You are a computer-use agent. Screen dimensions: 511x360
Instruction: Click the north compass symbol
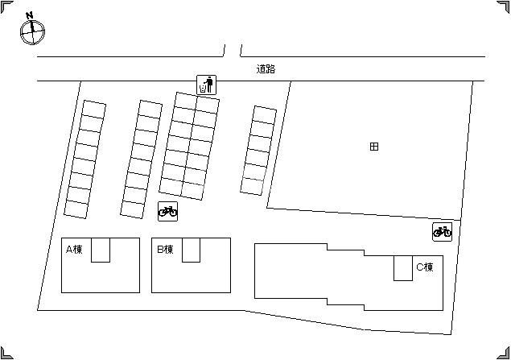(x=32, y=32)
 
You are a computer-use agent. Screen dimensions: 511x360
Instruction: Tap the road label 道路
(x=266, y=69)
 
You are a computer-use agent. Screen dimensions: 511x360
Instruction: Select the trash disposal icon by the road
(x=206, y=85)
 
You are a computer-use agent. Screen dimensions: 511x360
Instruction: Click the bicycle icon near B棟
(x=168, y=211)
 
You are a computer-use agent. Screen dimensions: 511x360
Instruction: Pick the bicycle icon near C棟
(x=443, y=232)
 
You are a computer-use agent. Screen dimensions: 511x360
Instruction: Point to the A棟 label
(x=74, y=250)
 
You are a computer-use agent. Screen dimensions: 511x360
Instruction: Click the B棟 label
(x=165, y=250)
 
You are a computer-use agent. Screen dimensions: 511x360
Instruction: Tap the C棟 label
(x=425, y=267)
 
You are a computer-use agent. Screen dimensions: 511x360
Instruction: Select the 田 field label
(x=374, y=147)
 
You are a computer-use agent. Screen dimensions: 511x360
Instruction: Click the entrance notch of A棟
(x=101, y=250)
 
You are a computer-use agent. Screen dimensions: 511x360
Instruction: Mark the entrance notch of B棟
(x=191, y=250)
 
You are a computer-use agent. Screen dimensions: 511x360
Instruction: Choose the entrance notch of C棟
(x=403, y=268)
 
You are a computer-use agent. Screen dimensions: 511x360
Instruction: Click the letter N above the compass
(x=30, y=15)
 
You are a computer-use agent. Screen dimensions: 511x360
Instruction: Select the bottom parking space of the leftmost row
(x=76, y=209)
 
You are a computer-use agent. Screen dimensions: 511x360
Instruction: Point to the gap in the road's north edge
(x=233, y=52)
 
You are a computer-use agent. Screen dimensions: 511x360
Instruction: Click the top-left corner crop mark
(x=7, y=7)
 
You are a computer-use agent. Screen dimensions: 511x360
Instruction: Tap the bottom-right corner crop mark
(x=503, y=353)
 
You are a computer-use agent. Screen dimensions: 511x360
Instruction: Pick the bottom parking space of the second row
(x=133, y=209)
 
